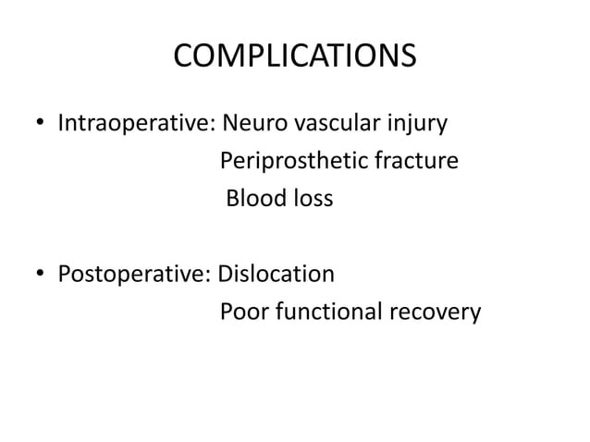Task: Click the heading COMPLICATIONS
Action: (294, 57)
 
